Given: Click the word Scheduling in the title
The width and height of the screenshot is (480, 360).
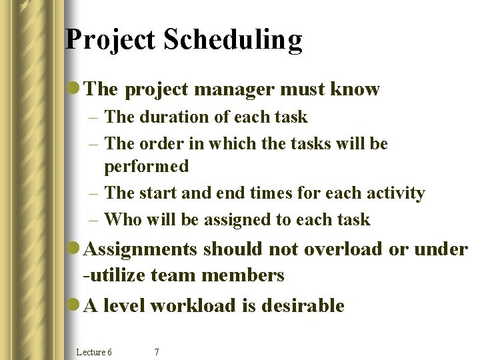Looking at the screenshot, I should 233,41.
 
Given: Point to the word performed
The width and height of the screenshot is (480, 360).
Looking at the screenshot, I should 147,166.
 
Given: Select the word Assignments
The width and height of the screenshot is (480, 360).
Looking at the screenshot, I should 141,249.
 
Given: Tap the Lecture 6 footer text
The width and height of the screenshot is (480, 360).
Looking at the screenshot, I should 94,351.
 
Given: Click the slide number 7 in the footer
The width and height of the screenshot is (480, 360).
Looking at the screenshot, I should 156,351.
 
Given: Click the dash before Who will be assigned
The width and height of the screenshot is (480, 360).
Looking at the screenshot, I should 94,219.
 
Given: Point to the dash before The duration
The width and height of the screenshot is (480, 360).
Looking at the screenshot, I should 94,117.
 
